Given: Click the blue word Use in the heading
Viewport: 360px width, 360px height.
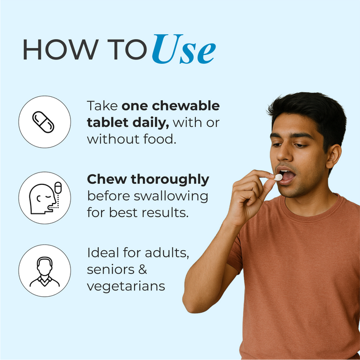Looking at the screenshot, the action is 184,49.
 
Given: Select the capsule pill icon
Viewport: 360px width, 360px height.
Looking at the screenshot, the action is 43,122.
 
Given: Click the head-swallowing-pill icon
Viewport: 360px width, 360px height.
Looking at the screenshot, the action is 45,198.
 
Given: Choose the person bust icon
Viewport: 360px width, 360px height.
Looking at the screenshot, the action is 45,272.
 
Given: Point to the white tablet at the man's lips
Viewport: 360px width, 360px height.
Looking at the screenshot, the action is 278,177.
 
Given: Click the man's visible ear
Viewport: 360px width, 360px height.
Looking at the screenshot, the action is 333,156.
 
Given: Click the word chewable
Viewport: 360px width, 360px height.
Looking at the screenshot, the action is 186,106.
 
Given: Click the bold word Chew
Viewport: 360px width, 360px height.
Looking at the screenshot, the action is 107,179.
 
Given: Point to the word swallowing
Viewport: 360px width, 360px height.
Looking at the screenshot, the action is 171,197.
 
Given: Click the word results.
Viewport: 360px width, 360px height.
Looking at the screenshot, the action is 165,212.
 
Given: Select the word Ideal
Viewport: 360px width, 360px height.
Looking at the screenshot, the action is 103,253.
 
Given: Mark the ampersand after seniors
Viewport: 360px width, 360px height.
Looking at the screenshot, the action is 142,269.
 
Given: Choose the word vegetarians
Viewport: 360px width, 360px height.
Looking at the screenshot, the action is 126,286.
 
